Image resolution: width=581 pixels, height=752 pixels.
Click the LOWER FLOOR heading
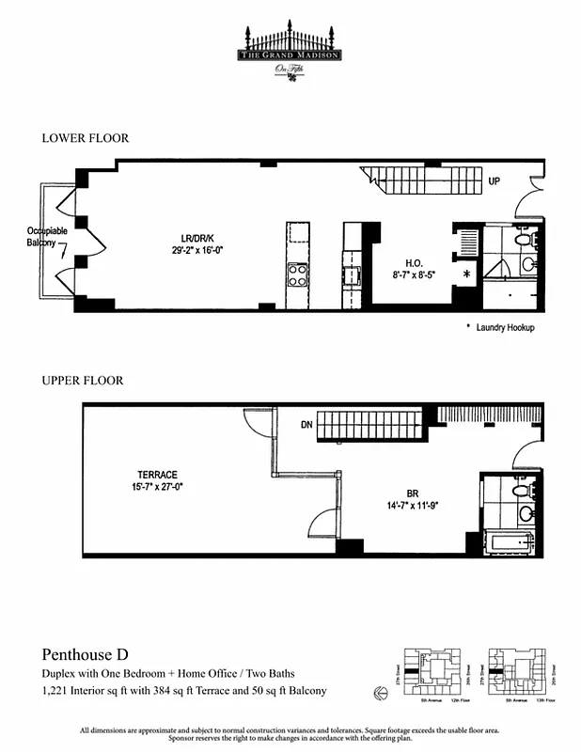point(85,138)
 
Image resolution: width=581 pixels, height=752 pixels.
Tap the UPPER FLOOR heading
point(83,381)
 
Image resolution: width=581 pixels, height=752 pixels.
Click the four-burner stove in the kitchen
point(298,274)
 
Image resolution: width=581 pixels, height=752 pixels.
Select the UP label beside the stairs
point(494,180)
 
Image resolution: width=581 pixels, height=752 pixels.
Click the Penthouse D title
point(85,654)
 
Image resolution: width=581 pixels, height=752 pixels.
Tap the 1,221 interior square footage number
point(56,691)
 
